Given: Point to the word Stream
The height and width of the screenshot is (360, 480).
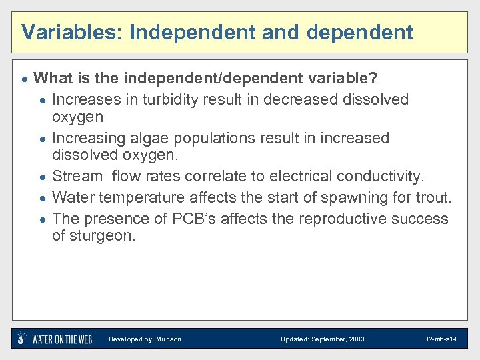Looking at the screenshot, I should [x=77, y=177].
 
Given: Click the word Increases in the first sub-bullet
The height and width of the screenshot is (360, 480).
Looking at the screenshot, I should [x=86, y=99].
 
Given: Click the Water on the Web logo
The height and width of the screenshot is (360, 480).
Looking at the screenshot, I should [x=55, y=339].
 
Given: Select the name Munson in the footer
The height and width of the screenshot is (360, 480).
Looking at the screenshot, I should [x=168, y=339].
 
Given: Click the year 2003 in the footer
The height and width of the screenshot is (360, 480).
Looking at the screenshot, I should [x=355, y=339].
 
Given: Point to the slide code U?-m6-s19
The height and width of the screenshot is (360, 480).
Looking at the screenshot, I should [x=440, y=339].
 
